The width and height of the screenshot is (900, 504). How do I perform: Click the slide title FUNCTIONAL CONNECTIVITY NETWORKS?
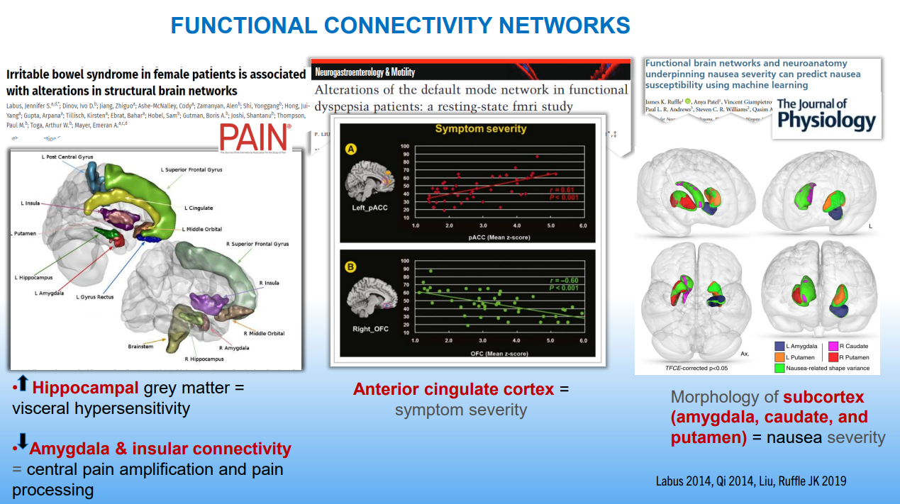[401, 26]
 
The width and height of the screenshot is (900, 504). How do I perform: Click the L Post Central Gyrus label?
[67, 157]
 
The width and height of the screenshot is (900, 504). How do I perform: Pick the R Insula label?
[269, 283]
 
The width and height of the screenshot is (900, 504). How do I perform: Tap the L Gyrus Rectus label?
[96, 297]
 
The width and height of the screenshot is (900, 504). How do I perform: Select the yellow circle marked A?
[350, 150]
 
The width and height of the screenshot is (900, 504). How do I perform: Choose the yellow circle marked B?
[350, 267]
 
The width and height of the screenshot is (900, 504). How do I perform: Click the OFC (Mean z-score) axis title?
[499, 352]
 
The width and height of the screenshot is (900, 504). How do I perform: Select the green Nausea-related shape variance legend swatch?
[780, 368]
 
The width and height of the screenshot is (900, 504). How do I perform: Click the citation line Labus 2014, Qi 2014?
[750, 481]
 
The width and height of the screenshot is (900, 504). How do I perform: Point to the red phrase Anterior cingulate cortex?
[454, 389]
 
